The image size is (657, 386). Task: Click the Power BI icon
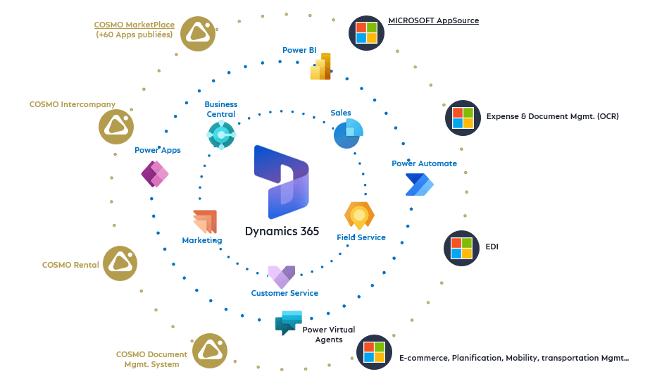click(321, 67)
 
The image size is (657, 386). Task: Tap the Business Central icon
click(221, 134)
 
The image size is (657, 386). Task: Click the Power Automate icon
click(419, 185)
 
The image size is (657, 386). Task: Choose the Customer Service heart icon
click(282, 277)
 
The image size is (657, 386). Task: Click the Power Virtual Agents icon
click(289, 322)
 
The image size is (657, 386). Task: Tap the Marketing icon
click(204, 222)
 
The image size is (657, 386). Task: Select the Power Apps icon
click(155, 173)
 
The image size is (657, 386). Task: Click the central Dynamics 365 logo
click(281, 182)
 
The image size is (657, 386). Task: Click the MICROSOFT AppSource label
click(433, 21)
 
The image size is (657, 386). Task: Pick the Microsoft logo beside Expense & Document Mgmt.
click(463, 118)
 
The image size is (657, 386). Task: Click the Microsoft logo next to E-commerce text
click(374, 352)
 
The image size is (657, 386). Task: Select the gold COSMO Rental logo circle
click(120, 263)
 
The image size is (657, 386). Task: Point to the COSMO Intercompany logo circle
click(116, 126)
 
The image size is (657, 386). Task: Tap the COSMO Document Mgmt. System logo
click(210, 351)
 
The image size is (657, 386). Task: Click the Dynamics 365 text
click(282, 231)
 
